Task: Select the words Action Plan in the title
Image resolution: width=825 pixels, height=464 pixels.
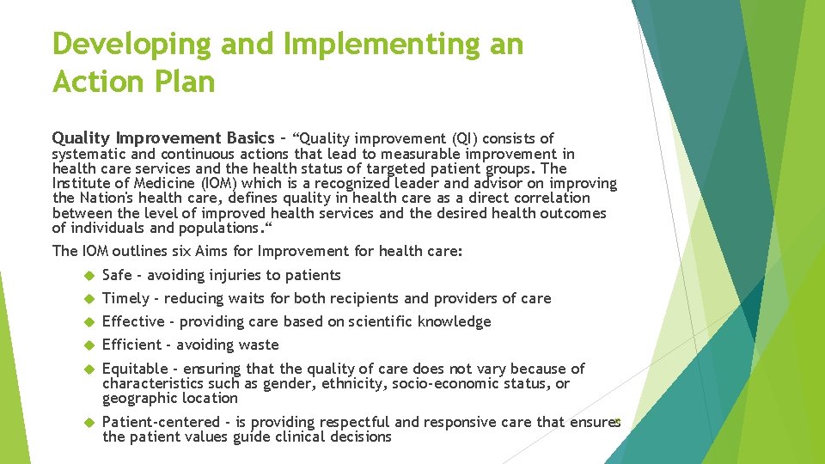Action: coord(133,82)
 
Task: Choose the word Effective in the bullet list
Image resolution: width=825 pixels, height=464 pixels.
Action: coord(133,321)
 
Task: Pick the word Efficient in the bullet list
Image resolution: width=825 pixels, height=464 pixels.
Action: coord(131,345)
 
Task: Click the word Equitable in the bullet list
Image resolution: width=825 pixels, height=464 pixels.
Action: coord(135,369)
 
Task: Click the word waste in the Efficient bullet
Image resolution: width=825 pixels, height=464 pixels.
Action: coord(259,345)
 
